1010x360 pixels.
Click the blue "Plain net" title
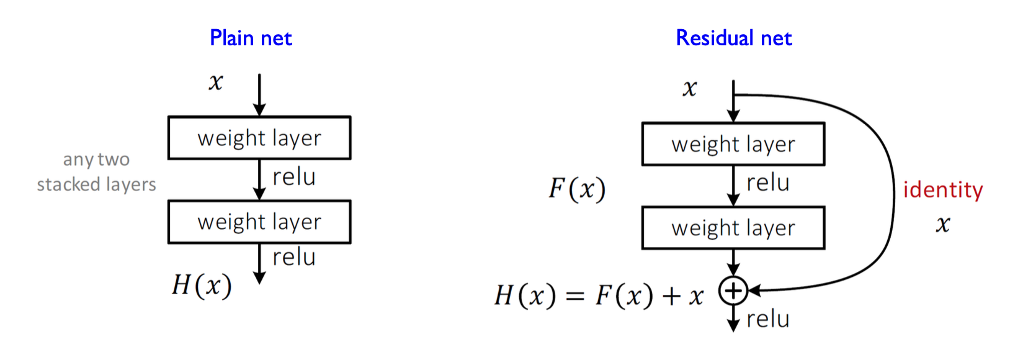(251, 38)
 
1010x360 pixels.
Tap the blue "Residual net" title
(733, 38)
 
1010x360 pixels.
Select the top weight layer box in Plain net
(259, 138)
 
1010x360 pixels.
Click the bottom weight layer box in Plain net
(259, 222)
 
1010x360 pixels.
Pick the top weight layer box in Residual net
(733, 144)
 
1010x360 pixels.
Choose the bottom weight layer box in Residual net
(733, 228)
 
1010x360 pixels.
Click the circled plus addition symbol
(733, 290)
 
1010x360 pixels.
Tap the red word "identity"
(942, 190)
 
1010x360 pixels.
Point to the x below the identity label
(943, 224)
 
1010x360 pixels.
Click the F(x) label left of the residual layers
(577, 189)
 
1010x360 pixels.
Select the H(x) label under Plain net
(202, 286)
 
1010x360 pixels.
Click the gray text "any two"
(96, 160)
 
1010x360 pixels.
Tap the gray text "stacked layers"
(96, 184)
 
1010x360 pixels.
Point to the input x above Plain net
(215, 82)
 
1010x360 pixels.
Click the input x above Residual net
(689, 89)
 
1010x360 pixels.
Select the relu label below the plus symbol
(768, 319)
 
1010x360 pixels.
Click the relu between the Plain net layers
(294, 177)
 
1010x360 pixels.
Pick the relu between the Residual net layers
(768, 183)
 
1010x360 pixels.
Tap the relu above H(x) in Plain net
(294, 257)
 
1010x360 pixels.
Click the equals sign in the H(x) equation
(576, 296)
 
